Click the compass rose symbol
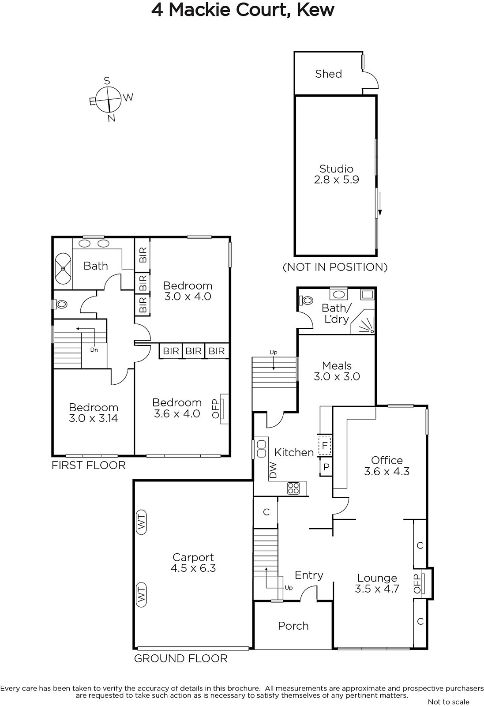coord(109,99)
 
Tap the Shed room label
coord(328,74)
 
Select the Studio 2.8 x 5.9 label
coord(337,174)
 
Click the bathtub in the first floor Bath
coord(63,269)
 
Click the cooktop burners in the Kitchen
coord(293,488)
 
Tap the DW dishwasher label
coord(273,470)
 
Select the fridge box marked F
coord(325,445)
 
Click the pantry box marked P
coord(326,467)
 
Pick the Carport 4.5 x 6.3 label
coord(193,563)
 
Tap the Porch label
coord(293,626)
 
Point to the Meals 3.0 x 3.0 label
coord(337,371)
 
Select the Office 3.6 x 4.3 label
coord(387,466)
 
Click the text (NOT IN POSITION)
coord(335,267)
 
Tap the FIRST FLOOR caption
coord(89,465)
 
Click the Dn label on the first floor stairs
coord(94,350)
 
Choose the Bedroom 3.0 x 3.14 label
coord(93,413)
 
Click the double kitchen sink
coord(262,449)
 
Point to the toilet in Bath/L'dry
coord(306,300)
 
